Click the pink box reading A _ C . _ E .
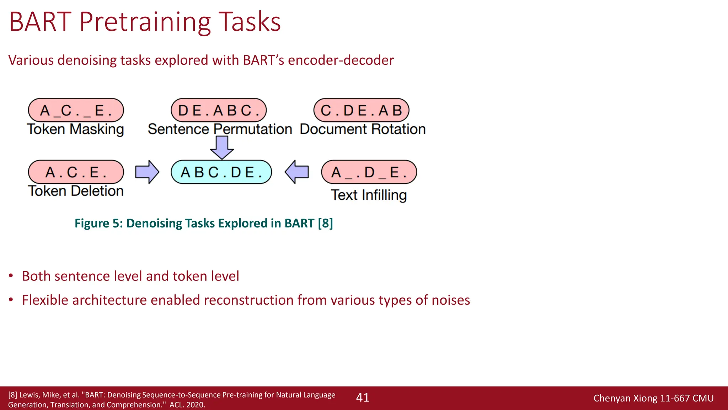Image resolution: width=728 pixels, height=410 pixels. click(x=76, y=110)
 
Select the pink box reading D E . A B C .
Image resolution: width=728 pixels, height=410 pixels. click(x=219, y=110)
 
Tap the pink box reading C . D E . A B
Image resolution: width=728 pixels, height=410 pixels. click(x=361, y=110)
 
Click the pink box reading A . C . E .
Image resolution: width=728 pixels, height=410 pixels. click(x=76, y=172)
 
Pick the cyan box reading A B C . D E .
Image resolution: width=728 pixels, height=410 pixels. click(x=221, y=172)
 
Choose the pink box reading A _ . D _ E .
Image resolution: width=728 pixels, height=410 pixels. click(x=369, y=172)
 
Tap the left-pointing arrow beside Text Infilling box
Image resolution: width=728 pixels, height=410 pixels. click(x=297, y=172)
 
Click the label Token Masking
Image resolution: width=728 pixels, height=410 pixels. click(x=75, y=129)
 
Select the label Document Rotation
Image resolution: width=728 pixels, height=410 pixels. click(x=363, y=129)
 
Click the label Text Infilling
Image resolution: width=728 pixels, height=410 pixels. click(x=369, y=195)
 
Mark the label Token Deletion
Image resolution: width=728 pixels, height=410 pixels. click(x=76, y=191)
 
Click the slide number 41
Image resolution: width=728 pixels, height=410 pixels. click(x=363, y=398)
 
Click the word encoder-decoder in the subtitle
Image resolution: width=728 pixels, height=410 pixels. click(x=341, y=60)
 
